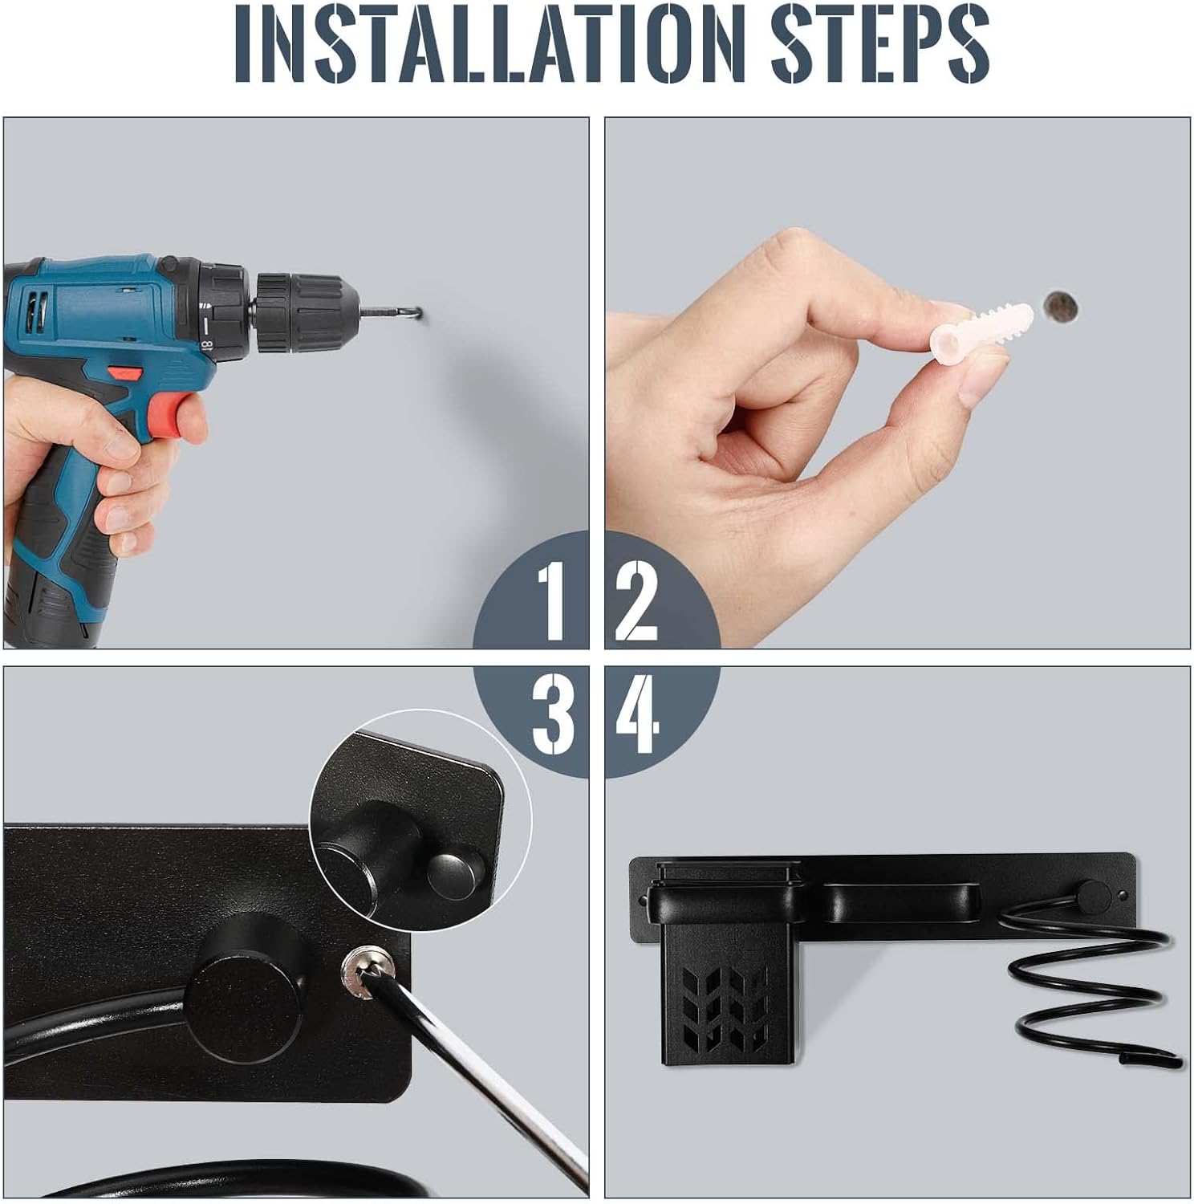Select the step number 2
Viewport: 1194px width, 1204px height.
pyautogui.click(x=637, y=600)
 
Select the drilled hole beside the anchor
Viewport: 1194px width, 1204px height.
pyautogui.click(x=1061, y=306)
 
